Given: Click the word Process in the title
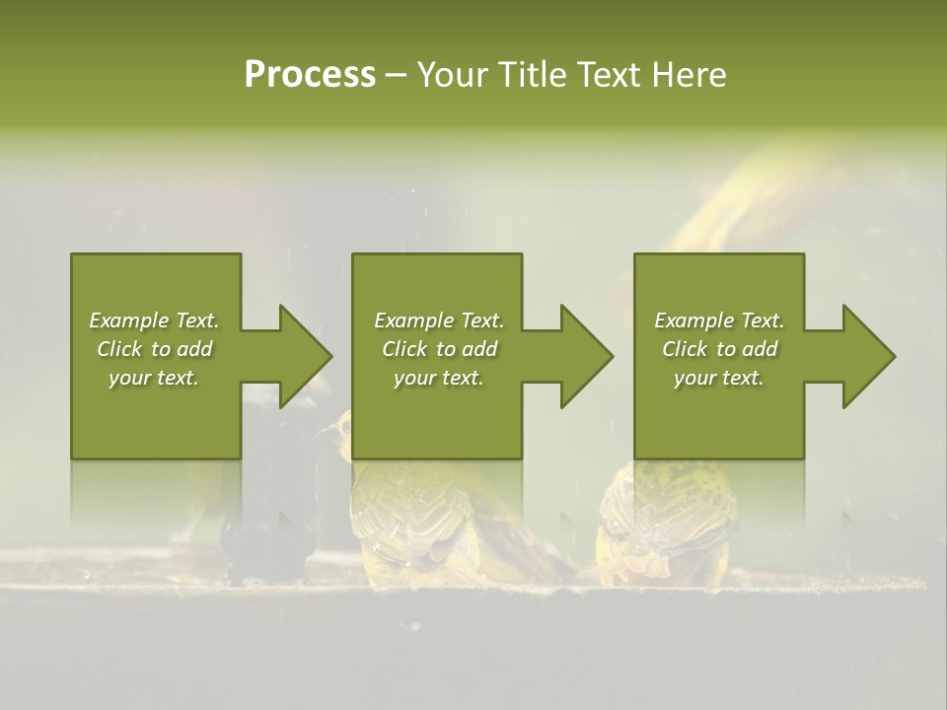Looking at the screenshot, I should [310, 75].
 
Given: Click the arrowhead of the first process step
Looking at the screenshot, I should [302, 356].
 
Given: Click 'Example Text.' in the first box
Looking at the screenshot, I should [154, 320].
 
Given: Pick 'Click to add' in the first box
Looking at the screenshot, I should [154, 349].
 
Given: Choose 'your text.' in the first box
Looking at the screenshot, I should [154, 378].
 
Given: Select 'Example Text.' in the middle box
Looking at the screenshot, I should [438, 320].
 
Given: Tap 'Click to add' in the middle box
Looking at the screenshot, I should [438, 349].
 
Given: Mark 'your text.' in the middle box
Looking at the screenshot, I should [438, 378].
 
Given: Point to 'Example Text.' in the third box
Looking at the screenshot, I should [719, 320].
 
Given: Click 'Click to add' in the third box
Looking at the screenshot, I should [719, 349].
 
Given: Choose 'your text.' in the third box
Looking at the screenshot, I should [719, 378].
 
